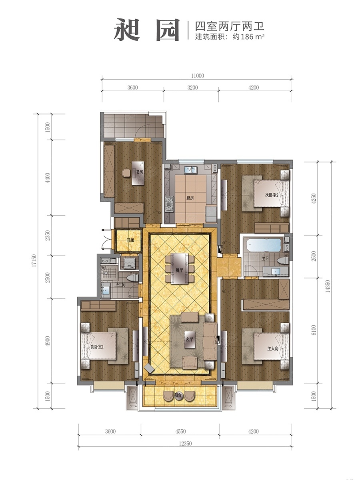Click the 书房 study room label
click(x=140, y=172)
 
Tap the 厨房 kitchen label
click(x=190, y=198)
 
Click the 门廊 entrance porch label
click(x=130, y=240)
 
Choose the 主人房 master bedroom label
click(x=273, y=348)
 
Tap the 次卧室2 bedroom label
click(x=272, y=195)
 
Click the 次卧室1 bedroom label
click(x=97, y=347)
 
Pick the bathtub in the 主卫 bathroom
click(x=264, y=245)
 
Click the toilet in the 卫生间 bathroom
click(x=133, y=278)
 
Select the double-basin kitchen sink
click(x=191, y=170)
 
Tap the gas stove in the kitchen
click(x=169, y=204)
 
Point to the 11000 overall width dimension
click(x=197, y=76)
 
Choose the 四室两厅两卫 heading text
click(x=230, y=26)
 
